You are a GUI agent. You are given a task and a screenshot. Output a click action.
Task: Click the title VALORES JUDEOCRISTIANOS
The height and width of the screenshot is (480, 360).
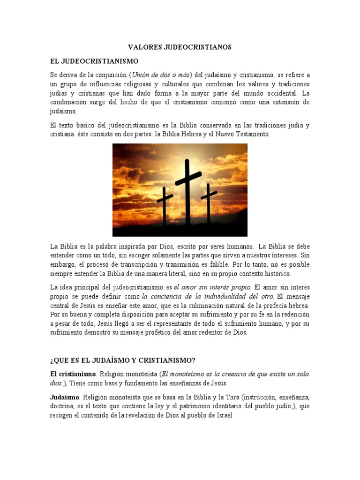[180, 47]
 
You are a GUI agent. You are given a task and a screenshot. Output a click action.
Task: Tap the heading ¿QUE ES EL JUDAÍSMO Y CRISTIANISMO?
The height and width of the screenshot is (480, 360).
[123, 360]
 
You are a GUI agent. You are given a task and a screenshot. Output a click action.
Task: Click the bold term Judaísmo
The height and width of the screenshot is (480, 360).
[65, 397]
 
